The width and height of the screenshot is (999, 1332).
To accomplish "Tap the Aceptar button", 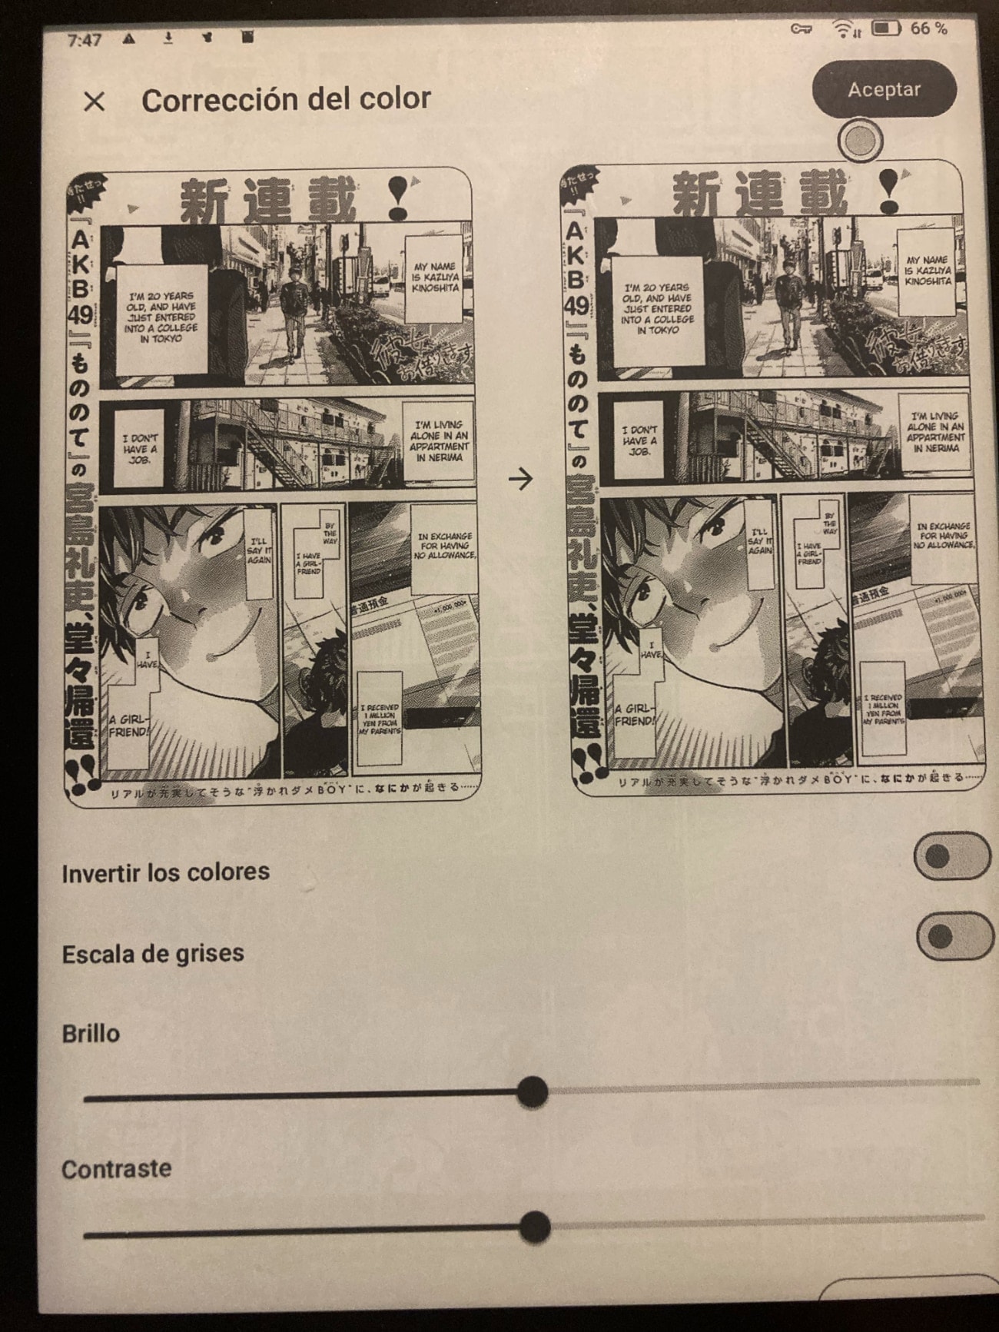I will (884, 89).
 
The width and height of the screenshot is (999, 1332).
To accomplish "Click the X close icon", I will (94, 101).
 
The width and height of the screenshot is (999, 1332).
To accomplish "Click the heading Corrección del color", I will (286, 99).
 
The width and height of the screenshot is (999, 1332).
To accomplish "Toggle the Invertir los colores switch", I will (951, 855).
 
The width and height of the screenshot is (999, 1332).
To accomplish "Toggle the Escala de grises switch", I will (954, 936).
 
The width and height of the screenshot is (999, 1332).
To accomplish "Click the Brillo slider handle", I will (532, 1091).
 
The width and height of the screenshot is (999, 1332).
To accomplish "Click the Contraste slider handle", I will (534, 1227).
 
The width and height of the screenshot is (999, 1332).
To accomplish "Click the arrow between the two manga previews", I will (521, 479).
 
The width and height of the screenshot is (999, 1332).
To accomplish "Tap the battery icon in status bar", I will (885, 28).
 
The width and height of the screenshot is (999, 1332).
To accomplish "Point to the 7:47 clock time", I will (84, 40).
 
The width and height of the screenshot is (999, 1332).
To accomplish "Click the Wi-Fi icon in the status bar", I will (845, 29).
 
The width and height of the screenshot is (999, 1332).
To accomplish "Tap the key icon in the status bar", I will (802, 29).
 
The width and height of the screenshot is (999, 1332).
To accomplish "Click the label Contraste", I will (116, 1169).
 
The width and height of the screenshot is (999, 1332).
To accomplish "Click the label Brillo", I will (91, 1033).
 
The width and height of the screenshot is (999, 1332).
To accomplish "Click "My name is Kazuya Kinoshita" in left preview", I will (436, 277).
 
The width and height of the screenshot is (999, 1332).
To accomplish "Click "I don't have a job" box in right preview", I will (639, 441).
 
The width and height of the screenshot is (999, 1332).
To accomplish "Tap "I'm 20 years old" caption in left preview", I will (161, 317).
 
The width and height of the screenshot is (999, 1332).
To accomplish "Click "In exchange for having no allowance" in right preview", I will (944, 536).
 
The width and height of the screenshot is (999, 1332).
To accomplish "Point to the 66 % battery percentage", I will (928, 28).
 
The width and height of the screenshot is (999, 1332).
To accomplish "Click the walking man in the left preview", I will (293, 311).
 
